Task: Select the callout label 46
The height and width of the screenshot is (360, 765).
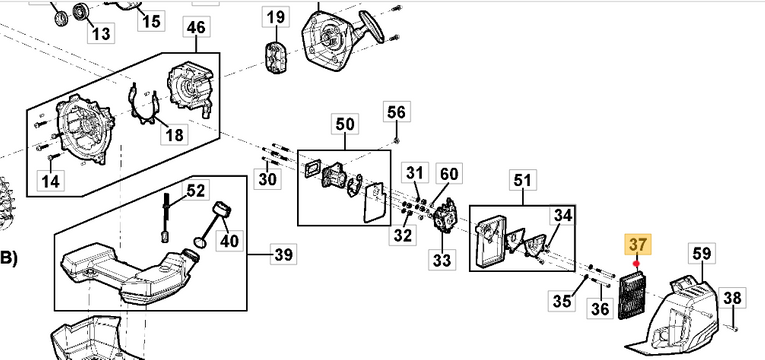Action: [196, 27]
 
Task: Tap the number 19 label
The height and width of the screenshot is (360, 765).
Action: [275, 16]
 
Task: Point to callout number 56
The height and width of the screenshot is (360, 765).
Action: [397, 111]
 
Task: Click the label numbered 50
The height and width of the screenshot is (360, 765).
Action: [344, 124]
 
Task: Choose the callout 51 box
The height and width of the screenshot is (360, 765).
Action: [520, 180]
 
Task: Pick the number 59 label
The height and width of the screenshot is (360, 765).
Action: [701, 254]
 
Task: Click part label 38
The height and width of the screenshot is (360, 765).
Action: [732, 297]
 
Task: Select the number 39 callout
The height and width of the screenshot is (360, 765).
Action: [284, 255]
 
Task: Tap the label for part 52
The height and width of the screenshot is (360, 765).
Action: [196, 190]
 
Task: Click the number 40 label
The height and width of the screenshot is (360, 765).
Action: [229, 241]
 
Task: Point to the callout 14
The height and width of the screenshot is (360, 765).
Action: [50, 180]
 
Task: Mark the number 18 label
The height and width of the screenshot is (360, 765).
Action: [174, 134]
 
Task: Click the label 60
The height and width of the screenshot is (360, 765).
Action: [449, 174]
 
